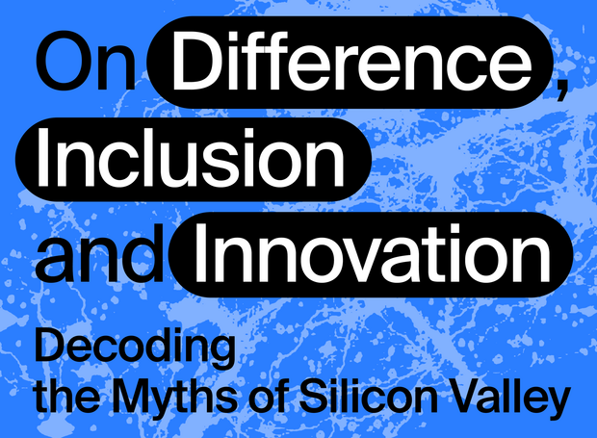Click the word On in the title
(x=86, y=61)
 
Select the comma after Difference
(x=561, y=90)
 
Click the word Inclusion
(x=191, y=157)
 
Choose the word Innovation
(x=373, y=252)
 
